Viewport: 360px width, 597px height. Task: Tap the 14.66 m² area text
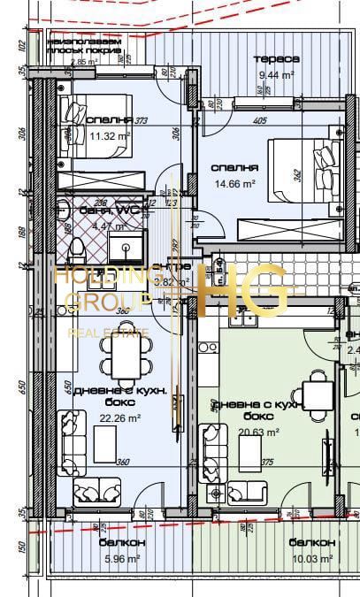(x=234, y=183)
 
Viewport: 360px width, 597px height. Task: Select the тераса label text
(x=276, y=58)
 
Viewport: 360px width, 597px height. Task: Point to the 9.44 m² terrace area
(x=276, y=75)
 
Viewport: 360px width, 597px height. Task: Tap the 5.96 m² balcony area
(x=120, y=558)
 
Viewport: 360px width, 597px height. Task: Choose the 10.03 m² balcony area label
(x=312, y=558)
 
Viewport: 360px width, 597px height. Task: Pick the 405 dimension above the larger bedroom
(x=259, y=121)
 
